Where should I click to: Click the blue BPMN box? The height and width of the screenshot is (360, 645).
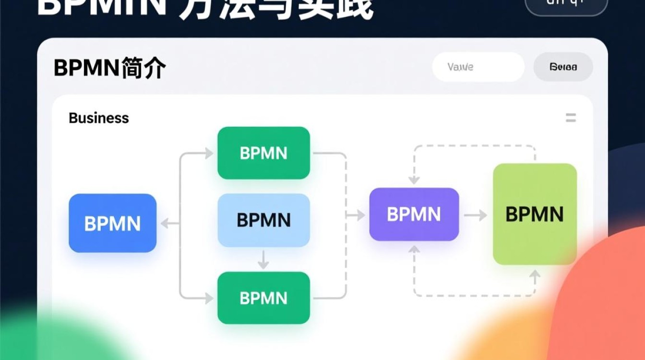[112, 223]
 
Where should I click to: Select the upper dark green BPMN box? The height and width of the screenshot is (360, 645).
[263, 153]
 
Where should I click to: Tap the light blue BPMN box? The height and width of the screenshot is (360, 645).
[263, 220]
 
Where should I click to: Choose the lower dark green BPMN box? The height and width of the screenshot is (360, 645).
[263, 298]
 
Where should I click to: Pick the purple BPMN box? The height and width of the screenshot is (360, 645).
[414, 215]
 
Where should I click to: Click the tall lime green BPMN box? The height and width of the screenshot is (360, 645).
[535, 214]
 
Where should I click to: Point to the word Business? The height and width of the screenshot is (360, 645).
[99, 118]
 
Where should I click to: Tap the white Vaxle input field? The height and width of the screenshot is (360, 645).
[478, 67]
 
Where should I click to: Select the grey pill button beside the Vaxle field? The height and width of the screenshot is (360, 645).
[563, 67]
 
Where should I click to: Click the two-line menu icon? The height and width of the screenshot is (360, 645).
[571, 118]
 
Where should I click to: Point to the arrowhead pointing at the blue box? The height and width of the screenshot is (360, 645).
[165, 223]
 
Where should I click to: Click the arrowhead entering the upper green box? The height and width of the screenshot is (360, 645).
[209, 154]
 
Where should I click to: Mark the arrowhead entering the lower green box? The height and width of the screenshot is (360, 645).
[209, 298]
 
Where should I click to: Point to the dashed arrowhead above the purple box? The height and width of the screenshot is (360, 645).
[414, 180]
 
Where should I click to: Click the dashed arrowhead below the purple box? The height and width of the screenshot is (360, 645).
[414, 249]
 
